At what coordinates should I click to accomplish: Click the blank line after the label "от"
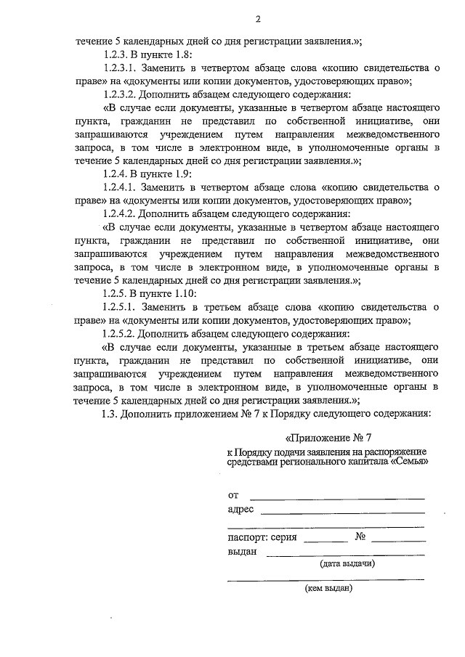coord(337,497)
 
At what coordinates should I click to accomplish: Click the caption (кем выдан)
coord(329,588)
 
